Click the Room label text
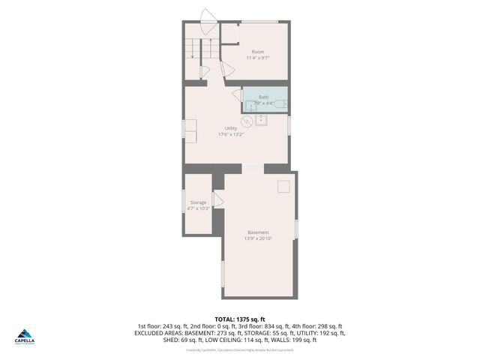click(257, 52)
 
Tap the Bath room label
click(263, 97)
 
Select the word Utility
click(231, 128)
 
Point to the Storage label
click(198, 202)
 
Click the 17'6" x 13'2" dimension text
click(231, 135)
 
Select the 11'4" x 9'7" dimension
click(257, 58)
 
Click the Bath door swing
click(236, 95)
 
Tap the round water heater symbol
click(247, 120)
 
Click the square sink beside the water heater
click(261, 120)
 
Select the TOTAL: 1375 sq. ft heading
click(239, 319)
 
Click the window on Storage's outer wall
click(184, 202)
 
